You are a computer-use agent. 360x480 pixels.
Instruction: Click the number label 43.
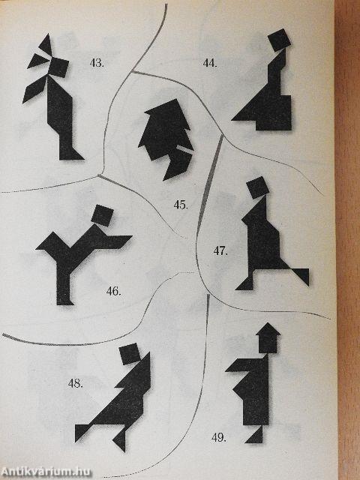(97, 63)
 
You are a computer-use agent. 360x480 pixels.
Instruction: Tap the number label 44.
(210, 63)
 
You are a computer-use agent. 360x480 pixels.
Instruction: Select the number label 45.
(181, 204)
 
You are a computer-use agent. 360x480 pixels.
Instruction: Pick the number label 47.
(220, 250)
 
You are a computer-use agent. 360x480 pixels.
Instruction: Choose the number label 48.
(76, 384)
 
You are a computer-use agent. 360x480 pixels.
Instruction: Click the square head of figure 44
(278, 40)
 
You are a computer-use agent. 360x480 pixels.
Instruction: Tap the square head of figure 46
(103, 215)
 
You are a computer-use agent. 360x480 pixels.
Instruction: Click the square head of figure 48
(130, 352)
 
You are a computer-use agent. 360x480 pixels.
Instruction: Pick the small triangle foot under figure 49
(256, 434)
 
